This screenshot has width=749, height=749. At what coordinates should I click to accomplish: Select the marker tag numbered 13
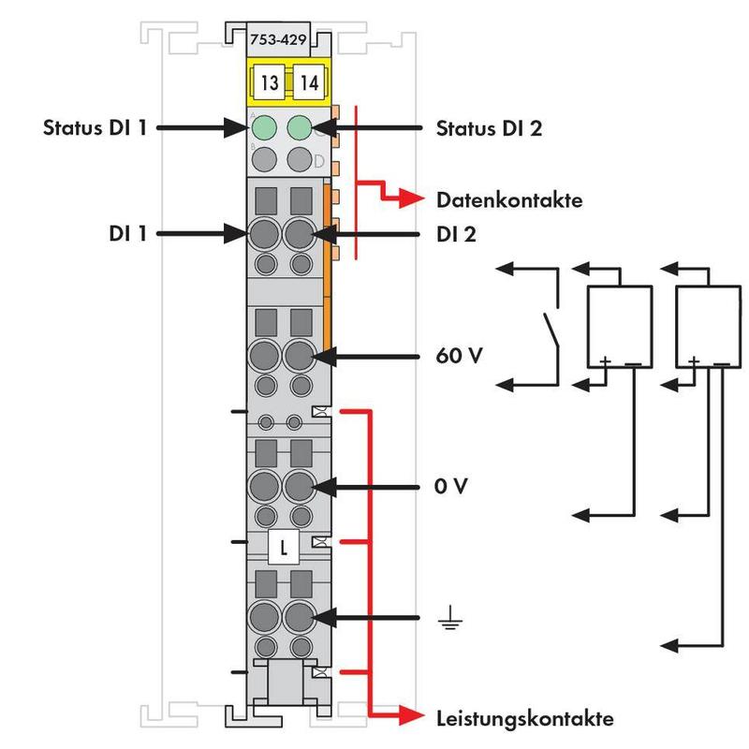270,82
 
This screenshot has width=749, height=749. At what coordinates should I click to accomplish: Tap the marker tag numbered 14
309,82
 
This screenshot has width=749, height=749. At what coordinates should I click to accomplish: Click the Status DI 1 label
95,127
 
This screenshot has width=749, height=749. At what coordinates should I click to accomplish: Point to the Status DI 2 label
489,127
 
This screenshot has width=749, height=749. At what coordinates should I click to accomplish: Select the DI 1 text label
126,233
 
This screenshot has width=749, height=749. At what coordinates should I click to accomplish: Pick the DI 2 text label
457,233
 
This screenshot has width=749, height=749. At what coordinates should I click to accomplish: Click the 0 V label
451,487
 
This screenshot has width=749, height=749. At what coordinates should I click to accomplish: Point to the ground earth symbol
450,619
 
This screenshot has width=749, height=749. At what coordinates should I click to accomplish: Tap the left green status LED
264,126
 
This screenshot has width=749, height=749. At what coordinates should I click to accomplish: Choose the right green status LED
300,126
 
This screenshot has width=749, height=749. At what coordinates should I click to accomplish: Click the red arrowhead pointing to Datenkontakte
409,198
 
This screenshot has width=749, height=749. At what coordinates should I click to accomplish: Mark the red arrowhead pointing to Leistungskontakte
409,717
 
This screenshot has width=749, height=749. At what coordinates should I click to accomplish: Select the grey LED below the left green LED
264,157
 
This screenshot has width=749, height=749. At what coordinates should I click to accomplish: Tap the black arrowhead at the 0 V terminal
323,487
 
